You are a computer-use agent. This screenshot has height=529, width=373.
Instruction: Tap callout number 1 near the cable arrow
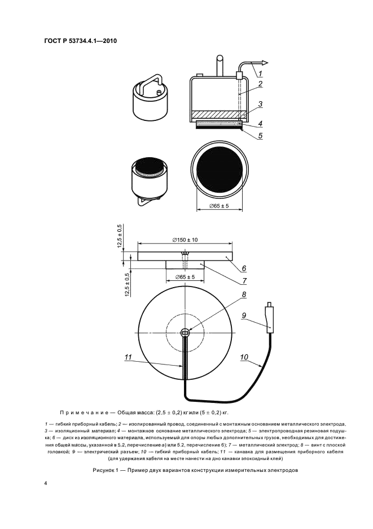coord(261,73)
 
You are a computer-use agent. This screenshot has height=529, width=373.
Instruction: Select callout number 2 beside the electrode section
coord(261,85)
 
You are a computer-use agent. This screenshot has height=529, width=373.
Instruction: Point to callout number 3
coord(261,104)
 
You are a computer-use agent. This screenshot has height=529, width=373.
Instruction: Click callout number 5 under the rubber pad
coord(261,136)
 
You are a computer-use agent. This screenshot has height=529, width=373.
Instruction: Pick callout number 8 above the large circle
coord(244,294)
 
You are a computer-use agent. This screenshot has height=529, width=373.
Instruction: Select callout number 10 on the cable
coord(244,357)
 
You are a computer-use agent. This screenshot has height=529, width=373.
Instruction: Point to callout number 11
coord(128,357)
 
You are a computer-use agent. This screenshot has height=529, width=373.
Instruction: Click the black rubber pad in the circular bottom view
coord(220,168)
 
